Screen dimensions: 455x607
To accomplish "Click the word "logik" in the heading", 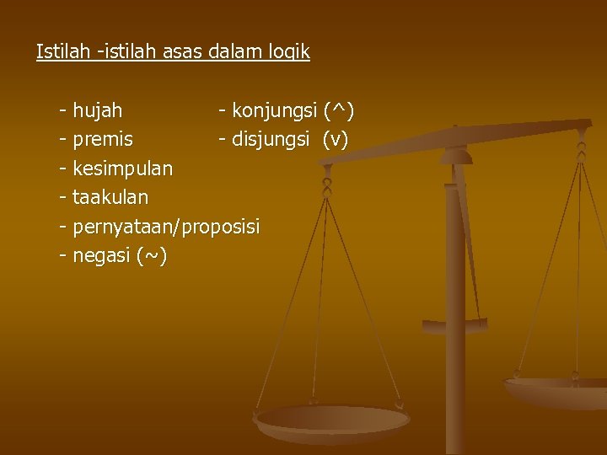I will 288,52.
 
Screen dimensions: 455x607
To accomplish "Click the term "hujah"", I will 97,110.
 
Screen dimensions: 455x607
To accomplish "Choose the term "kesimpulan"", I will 122,169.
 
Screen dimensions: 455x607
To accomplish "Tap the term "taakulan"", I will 110,197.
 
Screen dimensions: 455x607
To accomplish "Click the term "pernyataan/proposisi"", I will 166,227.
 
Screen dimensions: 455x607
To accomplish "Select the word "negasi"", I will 101,256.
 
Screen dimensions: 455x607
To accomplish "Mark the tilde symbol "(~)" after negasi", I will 151,256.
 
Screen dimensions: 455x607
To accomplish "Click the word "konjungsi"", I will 274,110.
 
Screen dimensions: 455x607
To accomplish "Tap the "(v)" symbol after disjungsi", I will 335,139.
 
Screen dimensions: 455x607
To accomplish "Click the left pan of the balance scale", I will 332,419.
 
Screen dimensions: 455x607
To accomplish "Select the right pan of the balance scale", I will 557,388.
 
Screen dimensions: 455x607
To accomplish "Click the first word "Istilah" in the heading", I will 64,51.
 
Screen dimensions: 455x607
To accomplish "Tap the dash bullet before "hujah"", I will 63,110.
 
